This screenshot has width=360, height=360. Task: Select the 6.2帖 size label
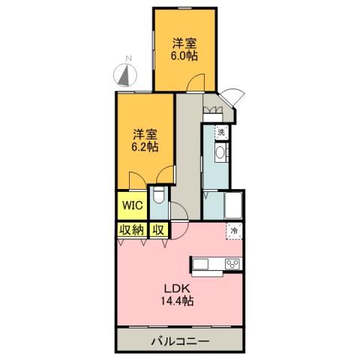145,147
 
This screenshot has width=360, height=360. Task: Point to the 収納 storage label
130,230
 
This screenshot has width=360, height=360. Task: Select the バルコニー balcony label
180,341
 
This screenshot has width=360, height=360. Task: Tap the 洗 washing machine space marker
220,132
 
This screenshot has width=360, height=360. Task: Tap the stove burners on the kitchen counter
232,264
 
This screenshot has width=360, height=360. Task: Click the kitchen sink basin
203,264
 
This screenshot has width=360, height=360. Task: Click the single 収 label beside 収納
158,230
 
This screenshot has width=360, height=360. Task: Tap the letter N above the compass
128,58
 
